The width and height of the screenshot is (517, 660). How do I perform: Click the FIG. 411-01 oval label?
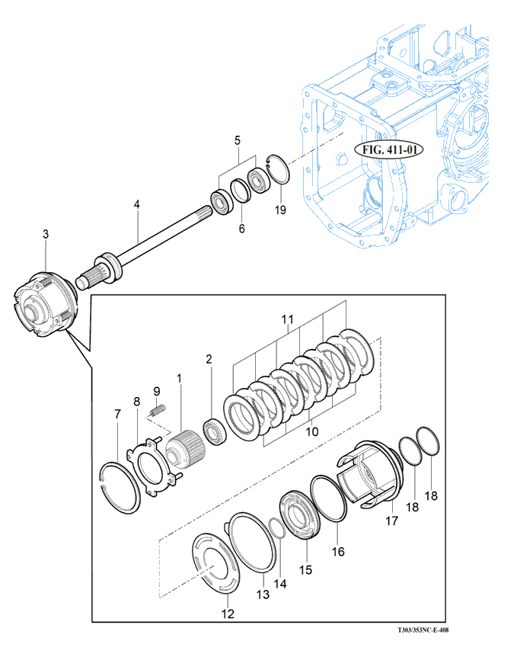pyautogui.click(x=388, y=150)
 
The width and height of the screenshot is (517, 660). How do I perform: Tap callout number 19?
pyautogui.click(x=280, y=209)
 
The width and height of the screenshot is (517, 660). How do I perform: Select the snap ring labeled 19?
pyautogui.click(x=279, y=169)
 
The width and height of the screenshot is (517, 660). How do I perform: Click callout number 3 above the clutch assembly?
pyautogui.click(x=46, y=234)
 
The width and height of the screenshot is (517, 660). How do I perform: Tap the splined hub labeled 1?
pyautogui.click(x=186, y=448)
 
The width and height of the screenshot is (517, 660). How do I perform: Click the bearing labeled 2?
pyautogui.click(x=215, y=432)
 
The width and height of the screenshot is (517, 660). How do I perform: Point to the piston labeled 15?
pyautogui.click(x=300, y=515)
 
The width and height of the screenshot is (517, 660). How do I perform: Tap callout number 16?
pyautogui.click(x=338, y=552)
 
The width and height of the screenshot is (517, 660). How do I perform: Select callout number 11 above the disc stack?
pyautogui.click(x=288, y=319)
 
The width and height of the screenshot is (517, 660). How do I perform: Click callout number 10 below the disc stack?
pyautogui.click(x=312, y=432)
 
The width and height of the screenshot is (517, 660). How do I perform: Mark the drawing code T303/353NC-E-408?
pyautogui.click(x=423, y=630)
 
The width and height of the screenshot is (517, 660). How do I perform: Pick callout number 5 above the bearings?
pyautogui.click(x=238, y=140)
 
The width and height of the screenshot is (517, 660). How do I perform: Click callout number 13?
pyautogui.click(x=263, y=594)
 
